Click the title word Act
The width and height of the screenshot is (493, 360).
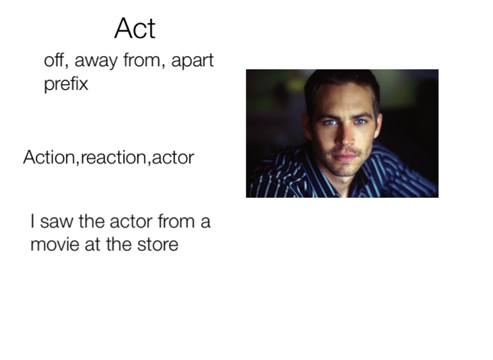click(135, 28)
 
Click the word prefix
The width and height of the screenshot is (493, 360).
click(66, 84)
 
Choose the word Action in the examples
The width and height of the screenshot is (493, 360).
click(49, 157)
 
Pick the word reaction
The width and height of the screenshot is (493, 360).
click(114, 157)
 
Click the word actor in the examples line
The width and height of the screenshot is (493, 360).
click(173, 157)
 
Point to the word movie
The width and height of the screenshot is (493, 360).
click(55, 244)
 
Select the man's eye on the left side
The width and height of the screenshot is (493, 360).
click(330, 123)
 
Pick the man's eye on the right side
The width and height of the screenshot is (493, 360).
click(360, 122)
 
